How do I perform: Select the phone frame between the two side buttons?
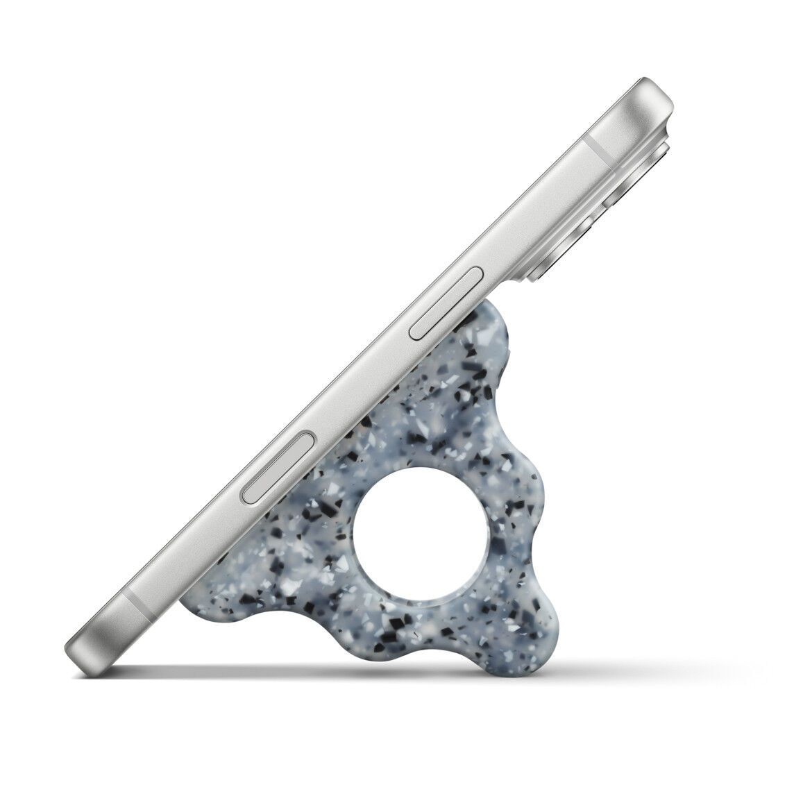click(x=361, y=375)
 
